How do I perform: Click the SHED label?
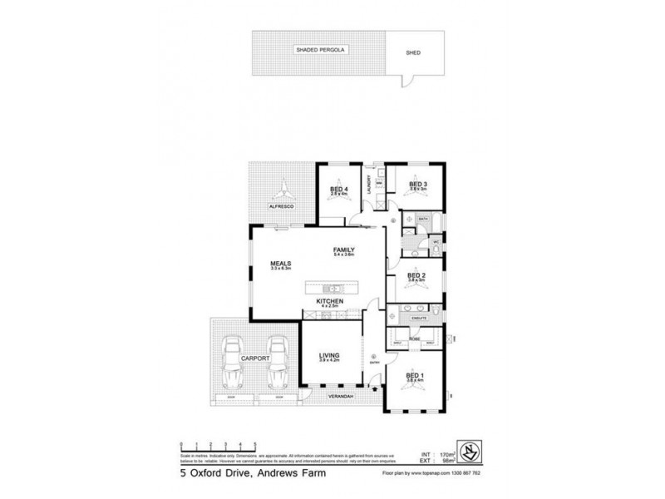(413, 52)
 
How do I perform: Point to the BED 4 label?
(337, 189)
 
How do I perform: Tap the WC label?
(434, 243)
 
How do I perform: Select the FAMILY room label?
(344, 249)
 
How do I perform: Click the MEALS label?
(278, 264)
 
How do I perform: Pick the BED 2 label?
(416, 275)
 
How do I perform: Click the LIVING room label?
(330, 356)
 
